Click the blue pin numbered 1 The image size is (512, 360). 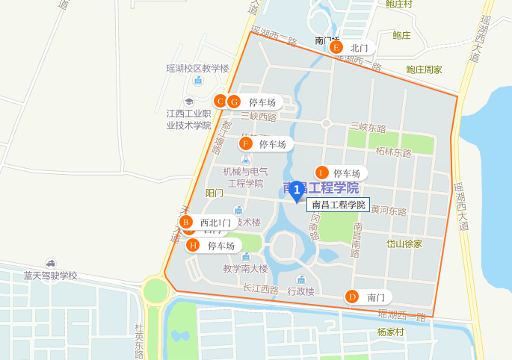pos(297,191)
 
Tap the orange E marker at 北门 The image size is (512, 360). pos(336,48)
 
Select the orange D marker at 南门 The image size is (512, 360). pos(351,297)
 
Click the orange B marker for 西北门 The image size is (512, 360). pos(187,222)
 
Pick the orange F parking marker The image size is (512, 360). pos(244,143)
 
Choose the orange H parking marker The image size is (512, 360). pos(193,245)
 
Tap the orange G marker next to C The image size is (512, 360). pos(234,102)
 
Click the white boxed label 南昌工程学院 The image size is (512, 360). pos(338,205)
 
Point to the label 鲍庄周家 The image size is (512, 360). pos(424,69)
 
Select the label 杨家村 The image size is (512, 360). pos(390,331)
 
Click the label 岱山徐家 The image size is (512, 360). pos(404,243)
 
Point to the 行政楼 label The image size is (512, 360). pos(301,291)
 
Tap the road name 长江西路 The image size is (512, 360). pos(260,289)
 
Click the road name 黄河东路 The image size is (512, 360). pos(389,211)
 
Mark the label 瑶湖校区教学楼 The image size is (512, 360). pos(197,68)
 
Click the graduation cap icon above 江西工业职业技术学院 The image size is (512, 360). pos(189,102)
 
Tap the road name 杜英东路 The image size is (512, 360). pos(140,341)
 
